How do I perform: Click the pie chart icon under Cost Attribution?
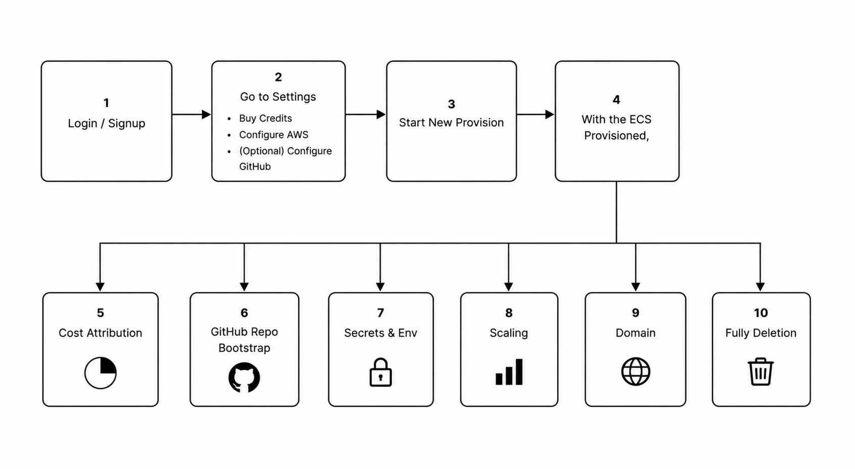[x=101, y=373]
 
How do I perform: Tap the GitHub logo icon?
[x=244, y=378]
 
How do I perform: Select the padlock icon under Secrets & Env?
[x=381, y=372]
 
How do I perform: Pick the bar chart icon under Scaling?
[x=509, y=372]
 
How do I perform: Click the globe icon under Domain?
[x=636, y=372]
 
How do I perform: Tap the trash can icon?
[x=761, y=372]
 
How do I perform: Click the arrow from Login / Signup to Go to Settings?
[x=191, y=114]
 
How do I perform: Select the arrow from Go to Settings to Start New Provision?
[x=365, y=114]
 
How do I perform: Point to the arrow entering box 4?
[x=535, y=114]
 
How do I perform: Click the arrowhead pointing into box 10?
[x=760, y=287]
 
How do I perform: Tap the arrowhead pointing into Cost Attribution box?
[x=100, y=287]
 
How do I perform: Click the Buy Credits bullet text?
[x=265, y=118]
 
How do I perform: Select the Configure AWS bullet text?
[x=274, y=135]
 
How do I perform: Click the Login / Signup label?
[x=107, y=123]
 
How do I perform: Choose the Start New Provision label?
[x=451, y=122]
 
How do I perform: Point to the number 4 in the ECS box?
[x=616, y=100]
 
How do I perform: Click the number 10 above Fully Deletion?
[x=761, y=312]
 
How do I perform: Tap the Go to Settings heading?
[x=278, y=97]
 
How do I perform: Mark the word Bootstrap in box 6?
[x=244, y=348]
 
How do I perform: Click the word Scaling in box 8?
[x=509, y=333]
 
